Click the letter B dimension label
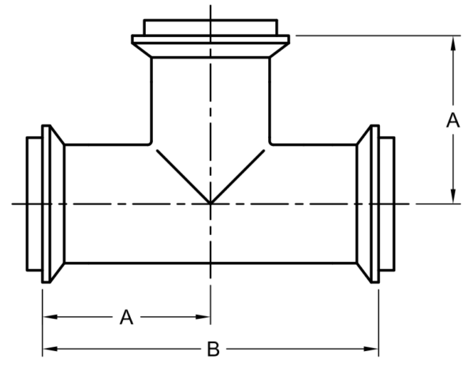tap(214, 349)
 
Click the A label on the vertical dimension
tap(453, 121)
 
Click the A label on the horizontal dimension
tap(126, 317)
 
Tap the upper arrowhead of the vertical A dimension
tap(453, 43)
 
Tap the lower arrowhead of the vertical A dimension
tap(453, 196)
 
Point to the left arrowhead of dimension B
tap(50, 349)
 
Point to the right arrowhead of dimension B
tap(371, 349)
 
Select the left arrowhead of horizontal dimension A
tap(50, 317)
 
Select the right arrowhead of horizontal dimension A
tap(203, 317)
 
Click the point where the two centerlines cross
tap(210, 204)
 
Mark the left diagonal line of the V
tap(184, 177)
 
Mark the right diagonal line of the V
tap(237, 177)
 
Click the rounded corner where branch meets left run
tap(151, 144)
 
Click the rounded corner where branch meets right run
tap(270, 144)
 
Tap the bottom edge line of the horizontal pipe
tap(210, 263)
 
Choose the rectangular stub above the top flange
tap(210, 28)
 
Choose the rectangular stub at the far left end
tap(34, 204)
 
